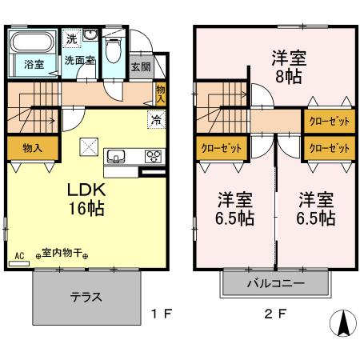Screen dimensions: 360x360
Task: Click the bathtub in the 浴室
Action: pos(33,42)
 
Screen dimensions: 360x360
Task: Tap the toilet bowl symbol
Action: pos(114,50)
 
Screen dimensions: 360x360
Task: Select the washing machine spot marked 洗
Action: pos(71,39)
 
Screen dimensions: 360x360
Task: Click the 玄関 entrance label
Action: pos(141,67)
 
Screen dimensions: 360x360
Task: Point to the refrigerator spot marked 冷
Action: pos(157,120)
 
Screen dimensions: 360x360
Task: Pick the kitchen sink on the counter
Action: pos(116,156)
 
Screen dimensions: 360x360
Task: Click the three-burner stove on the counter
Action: pos(153,156)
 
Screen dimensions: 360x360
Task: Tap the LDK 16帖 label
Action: pos(86,199)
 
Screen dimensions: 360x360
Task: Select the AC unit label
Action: pos(19,256)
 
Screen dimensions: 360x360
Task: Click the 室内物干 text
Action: pos(62,253)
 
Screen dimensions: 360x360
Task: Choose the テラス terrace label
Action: pos(86,297)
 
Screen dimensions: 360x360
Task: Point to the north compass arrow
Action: pos(343,323)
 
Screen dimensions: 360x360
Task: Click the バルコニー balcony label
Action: pos(276,283)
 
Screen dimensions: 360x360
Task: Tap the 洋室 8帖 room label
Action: pos(289,67)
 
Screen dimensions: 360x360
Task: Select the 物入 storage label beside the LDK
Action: pos(33,148)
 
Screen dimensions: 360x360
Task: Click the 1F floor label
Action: pos(162,314)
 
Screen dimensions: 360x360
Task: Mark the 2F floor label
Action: pos(275,314)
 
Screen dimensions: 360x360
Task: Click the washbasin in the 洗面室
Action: pos(90,35)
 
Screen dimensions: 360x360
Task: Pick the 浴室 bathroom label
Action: pos(34,65)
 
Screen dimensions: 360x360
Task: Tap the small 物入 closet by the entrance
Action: pos(161,94)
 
